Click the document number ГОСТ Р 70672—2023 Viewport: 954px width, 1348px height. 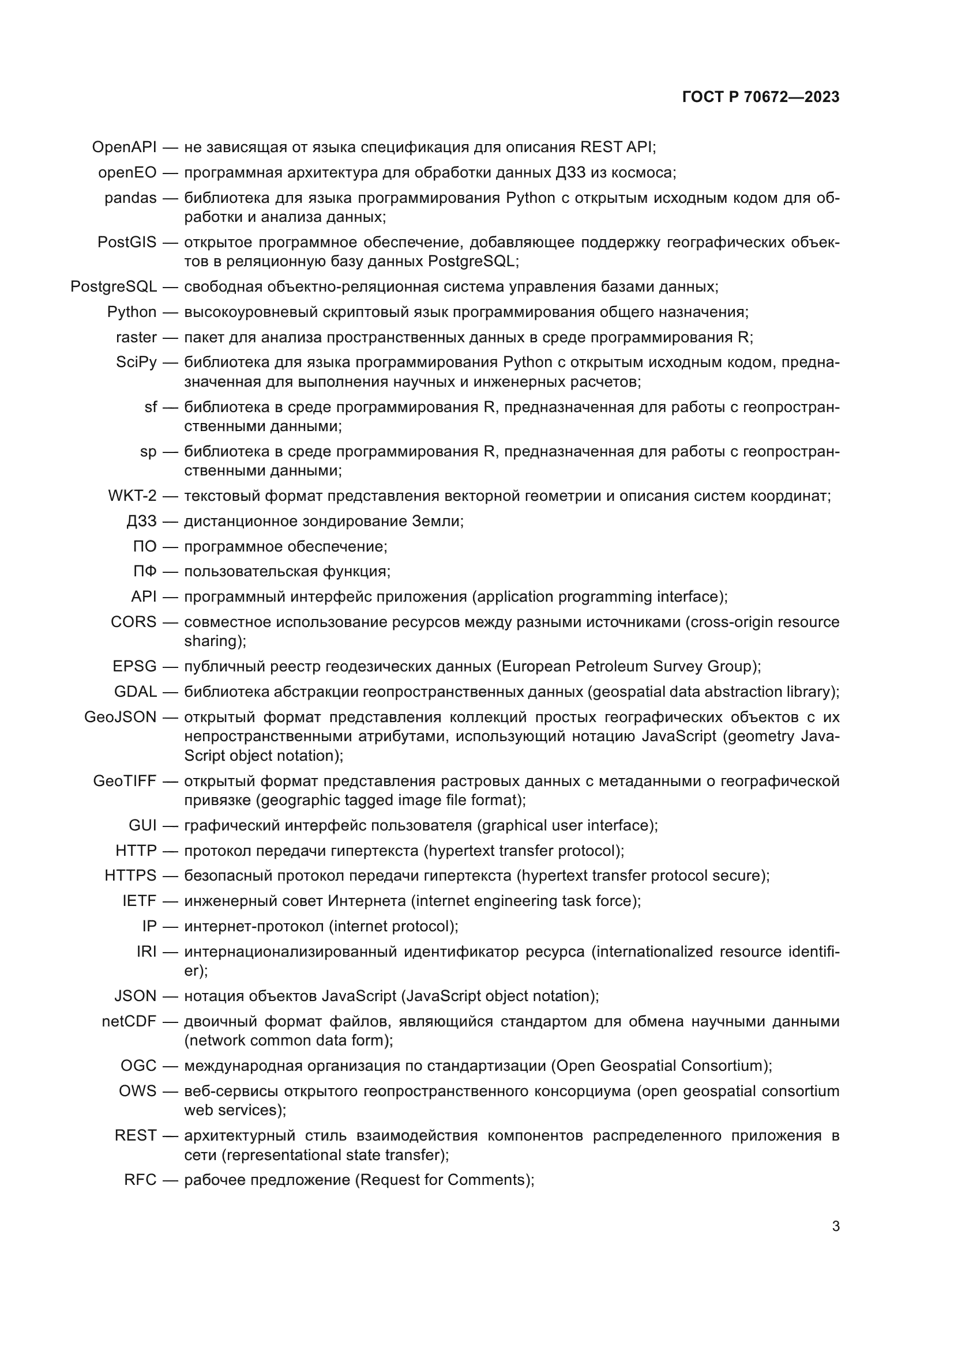tap(761, 97)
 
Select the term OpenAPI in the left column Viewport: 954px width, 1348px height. tap(124, 148)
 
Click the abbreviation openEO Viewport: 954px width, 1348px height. tap(127, 173)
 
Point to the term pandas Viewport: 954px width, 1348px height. tap(130, 198)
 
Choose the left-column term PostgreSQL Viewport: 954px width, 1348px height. tap(114, 286)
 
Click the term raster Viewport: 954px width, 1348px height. tap(136, 337)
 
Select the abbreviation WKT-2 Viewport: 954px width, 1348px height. tap(132, 496)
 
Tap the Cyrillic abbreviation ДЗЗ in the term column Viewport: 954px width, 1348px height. tap(141, 521)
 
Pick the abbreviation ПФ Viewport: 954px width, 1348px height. tap(145, 571)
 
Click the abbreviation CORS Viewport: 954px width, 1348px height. tap(133, 622)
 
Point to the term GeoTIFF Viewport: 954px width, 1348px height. tap(125, 781)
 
